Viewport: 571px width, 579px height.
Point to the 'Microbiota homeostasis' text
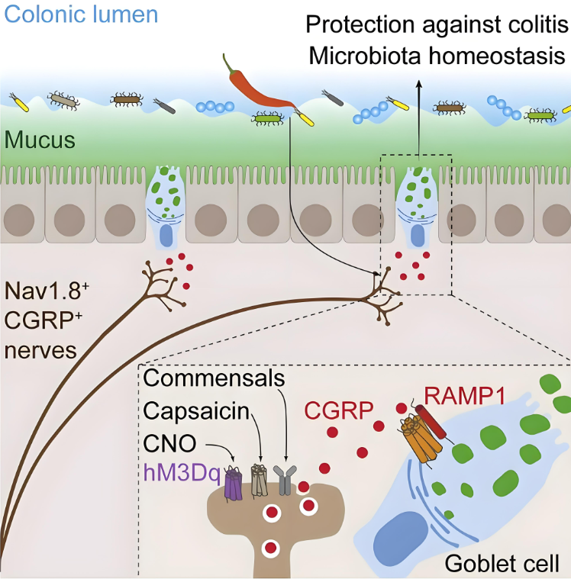coord(437,57)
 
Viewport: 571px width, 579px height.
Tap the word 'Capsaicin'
coord(197,412)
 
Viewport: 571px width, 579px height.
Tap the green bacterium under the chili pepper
coord(268,118)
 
